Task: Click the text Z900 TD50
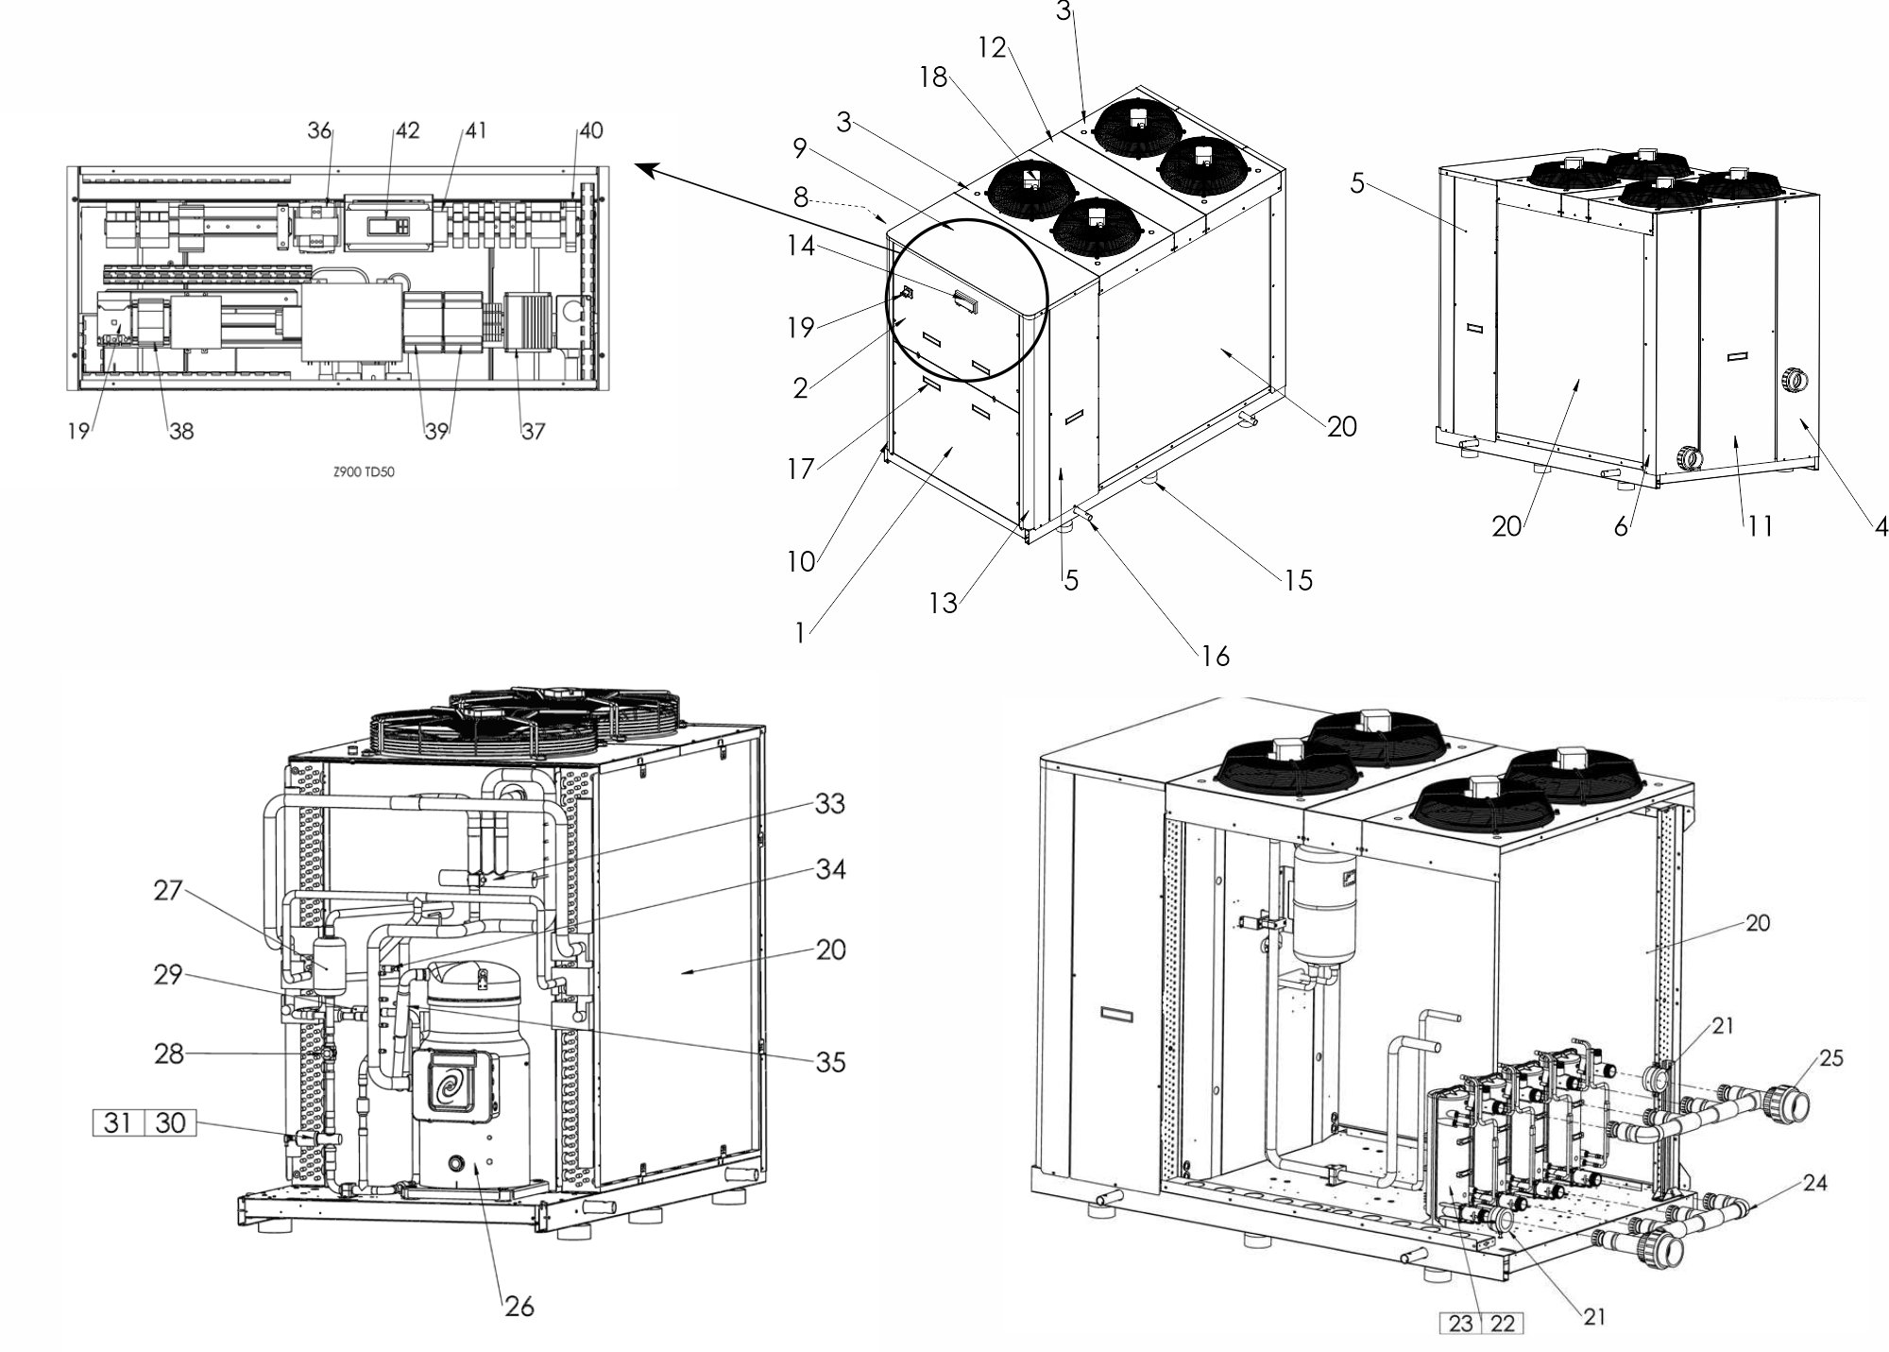point(364,472)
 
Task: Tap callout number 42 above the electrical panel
point(407,130)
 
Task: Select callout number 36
point(320,130)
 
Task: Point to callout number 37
point(534,431)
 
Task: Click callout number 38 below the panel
point(180,431)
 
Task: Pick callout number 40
point(590,130)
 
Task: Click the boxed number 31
point(117,1123)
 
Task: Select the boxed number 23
point(1460,1324)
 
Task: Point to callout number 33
point(830,804)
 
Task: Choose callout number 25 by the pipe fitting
point(1830,1058)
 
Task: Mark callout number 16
point(1216,656)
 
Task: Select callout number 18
point(933,77)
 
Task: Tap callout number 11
point(1759,526)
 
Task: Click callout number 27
point(168,889)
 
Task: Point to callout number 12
point(993,48)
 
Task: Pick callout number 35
point(830,1062)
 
